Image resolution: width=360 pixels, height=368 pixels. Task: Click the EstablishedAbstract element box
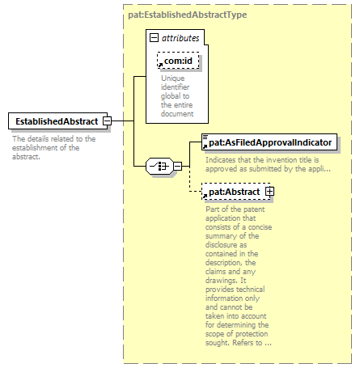click(57, 121)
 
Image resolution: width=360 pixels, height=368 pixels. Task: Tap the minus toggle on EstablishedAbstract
click(108, 121)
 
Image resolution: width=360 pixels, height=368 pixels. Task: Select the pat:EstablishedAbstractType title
click(188, 15)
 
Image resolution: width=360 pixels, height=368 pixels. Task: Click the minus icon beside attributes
click(154, 37)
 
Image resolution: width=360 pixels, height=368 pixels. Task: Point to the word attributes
click(180, 38)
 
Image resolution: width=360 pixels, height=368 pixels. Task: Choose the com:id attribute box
click(178, 61)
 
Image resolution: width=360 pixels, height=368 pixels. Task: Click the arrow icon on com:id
click(160, 66)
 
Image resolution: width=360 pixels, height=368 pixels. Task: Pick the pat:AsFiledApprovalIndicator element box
click(269, 142)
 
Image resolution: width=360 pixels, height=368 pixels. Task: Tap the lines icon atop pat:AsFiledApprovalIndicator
click(205, 137)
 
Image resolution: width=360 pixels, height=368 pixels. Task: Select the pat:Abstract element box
click(235, 192)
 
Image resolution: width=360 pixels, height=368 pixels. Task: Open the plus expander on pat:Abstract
click(269, 192)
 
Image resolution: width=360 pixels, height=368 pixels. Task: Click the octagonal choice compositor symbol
click(159, 166)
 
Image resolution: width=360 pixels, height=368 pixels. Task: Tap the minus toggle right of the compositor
click(177, 166)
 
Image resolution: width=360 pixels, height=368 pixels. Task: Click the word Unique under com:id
click(173, 78)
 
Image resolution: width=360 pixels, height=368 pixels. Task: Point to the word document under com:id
click(177, 114)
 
